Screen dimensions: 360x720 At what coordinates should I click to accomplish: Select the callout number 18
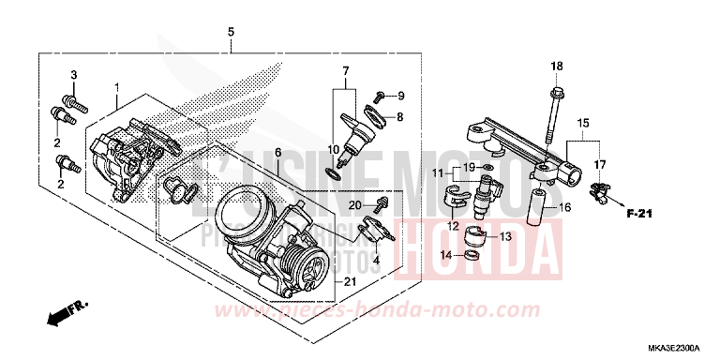pyautogui.click(x=556, y=66)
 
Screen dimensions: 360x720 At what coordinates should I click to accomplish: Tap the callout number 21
pyautogui.click(x=350, y=282)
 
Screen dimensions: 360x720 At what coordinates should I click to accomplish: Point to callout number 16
pyautogui.click(x=565, y=206)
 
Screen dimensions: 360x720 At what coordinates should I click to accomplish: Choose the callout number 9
pyautogui.click(x=400, y=96)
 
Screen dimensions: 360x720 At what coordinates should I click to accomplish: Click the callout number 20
pyautogui.click(x=356, y=204)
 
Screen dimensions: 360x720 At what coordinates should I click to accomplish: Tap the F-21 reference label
pyautogui.click(x=638, y=215)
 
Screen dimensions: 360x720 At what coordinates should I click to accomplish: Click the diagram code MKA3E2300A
pyautogui.click(x=676, y=347)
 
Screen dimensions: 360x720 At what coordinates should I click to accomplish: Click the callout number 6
pyautogui.click(x=277, y=152)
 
